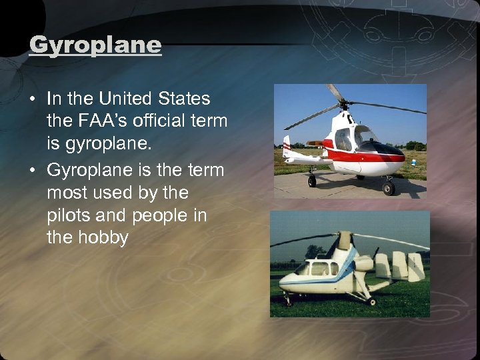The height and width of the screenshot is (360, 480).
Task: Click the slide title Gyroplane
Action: (95, 46)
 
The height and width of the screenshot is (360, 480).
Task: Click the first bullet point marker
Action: (33, 100)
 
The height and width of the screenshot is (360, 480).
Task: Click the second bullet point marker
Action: (33, 171)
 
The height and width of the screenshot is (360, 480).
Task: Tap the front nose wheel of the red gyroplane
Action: (388, 189)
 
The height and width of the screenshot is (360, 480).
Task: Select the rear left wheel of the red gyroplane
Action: (311, 180)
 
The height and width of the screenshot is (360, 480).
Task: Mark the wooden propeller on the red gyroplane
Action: (315, 143)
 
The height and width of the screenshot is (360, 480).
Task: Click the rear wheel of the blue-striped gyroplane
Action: (371, 301)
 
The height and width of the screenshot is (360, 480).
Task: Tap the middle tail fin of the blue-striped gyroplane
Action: (400, 265)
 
